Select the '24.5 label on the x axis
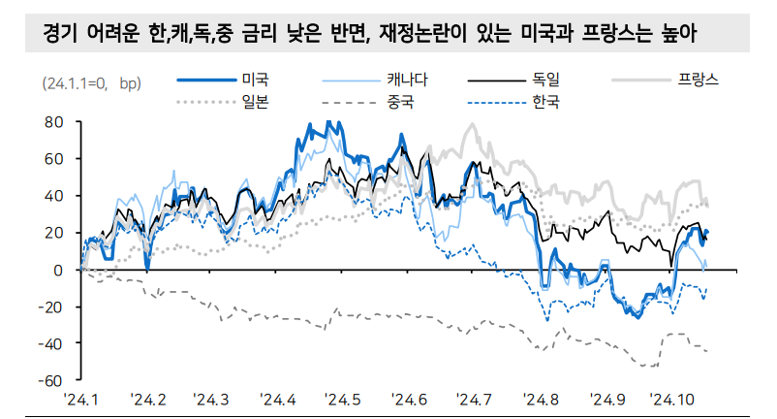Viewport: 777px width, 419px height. (344, 399)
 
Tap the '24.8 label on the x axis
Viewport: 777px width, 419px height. (541, 399)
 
